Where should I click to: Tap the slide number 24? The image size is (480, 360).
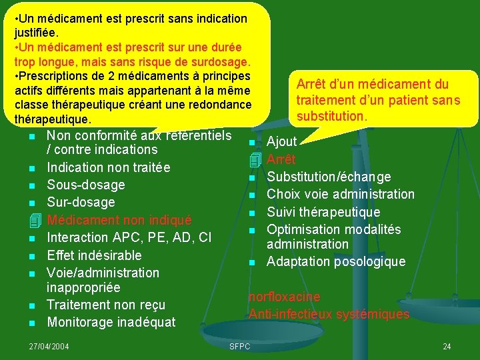(x=447, y=346)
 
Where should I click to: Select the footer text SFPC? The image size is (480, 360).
(x=239, y=346)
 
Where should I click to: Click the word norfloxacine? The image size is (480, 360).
(x=284, y=297)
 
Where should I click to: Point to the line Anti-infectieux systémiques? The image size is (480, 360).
(x=329, y=314)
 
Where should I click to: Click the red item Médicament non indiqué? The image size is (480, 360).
(x=119, y=220)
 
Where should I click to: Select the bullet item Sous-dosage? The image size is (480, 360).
(x=85, y=185)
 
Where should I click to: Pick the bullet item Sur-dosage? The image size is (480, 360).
(x=81, y=202)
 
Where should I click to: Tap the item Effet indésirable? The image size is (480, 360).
(x=94, y=255)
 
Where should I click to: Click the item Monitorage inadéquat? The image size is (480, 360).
(x=111, y=323)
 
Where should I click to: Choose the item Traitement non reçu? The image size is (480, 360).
(x=106, y=305)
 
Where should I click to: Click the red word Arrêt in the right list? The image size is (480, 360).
(x=281, y=160)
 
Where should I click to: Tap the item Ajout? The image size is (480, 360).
(x=281, y=141)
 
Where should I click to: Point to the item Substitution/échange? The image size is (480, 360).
(x=329, y=177)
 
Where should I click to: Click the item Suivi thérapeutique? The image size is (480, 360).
(x=323, y=212)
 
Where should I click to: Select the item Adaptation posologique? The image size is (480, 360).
(x=335, y=261)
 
